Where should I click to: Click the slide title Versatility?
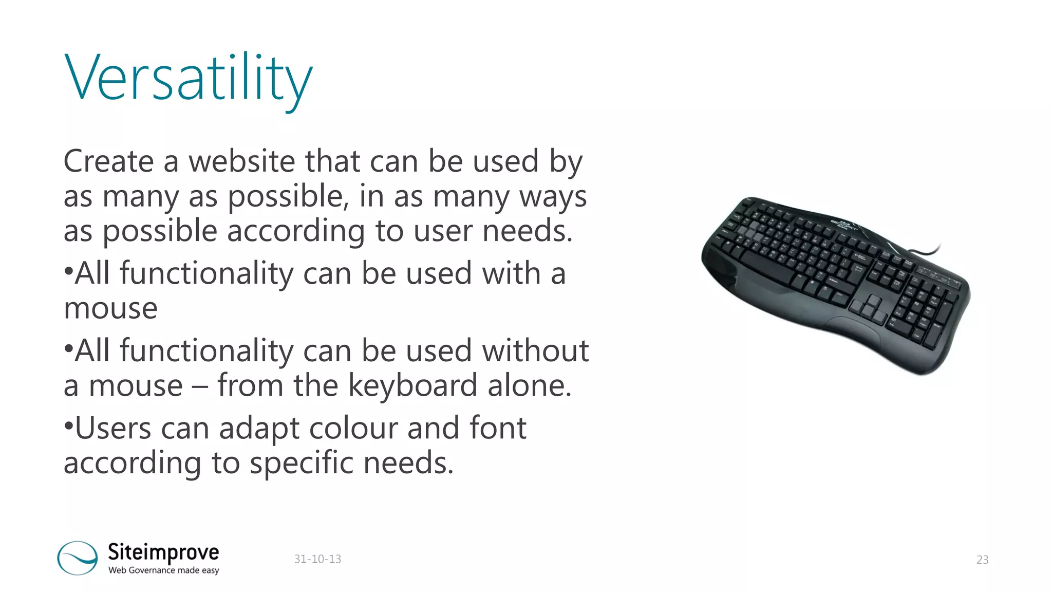coord(188,78)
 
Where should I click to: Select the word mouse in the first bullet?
coord(110,308)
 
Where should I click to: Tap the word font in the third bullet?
coord(498,428)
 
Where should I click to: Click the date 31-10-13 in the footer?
coord(317,559)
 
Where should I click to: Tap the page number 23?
coord(982,560)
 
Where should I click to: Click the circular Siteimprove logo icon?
coord(78,558)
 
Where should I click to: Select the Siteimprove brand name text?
coord(163,552)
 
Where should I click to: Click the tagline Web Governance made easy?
coord(163,570)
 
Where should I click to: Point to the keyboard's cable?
coord(925,251)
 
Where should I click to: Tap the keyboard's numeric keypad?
coord(925,308)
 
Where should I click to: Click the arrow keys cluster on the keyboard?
coord(868,308)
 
